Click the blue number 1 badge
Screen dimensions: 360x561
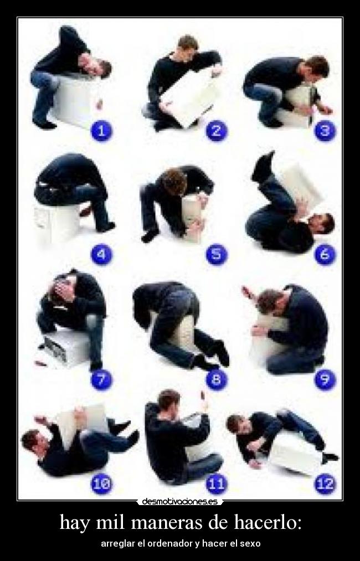[101, 131]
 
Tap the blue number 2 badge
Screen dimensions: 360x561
[216, 131]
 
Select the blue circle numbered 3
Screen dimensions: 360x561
[325, 131]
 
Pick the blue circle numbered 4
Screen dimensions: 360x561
[101, 255]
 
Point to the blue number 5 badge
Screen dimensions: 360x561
[216, 255]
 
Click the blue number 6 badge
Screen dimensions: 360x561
[325, 255]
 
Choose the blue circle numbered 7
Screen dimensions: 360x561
[101, 379]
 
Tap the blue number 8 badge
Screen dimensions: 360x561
[216, 379]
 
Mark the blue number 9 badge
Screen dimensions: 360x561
[325, 379]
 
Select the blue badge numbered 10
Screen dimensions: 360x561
[101, 483]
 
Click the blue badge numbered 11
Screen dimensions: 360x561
[216, 483]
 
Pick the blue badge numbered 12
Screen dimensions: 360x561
[325, 483]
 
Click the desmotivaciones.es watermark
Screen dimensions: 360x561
[179, 502]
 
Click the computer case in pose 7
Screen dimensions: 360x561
[66, 348]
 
